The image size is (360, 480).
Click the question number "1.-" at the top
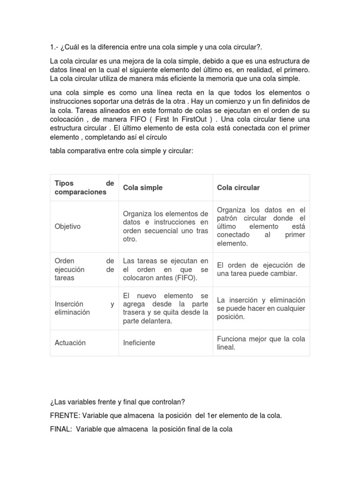54,47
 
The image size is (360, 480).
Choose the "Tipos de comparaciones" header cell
84,187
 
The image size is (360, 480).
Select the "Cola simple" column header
142,187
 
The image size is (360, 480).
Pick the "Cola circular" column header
238,187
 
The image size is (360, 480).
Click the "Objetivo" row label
67,226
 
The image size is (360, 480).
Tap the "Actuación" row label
70,343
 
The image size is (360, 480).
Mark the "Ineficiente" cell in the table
139,343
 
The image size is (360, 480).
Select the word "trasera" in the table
135,313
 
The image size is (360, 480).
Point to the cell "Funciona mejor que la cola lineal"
261,343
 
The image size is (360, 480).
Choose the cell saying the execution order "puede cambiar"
261,270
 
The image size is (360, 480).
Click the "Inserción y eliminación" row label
84,308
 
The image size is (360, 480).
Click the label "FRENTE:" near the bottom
64,416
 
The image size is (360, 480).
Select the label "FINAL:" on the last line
60,429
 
